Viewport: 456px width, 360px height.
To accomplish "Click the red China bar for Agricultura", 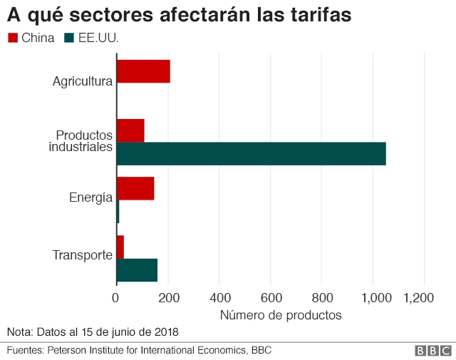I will pos(142,71).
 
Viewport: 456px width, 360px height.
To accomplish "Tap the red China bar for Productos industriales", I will pos(130,130).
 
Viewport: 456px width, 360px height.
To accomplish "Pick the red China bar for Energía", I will pos(135,188).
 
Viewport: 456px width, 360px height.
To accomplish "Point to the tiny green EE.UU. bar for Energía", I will pos(118,212).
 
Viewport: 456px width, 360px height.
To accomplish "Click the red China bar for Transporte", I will pos(120,247).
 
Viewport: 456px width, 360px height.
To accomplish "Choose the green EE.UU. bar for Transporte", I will pos(137,269).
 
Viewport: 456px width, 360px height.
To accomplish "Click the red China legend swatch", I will pos(13,38).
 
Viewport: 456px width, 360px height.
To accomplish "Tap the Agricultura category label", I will pos(83,81).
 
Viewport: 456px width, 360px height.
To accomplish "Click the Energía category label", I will pos(90,197).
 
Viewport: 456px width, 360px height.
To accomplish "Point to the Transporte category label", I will pos(83,255).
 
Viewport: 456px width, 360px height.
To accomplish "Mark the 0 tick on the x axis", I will pos(116,298).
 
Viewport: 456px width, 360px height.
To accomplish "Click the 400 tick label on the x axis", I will pos(219,298).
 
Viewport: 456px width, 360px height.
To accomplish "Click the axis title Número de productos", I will pos(280,314).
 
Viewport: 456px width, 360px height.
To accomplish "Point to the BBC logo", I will pos(432,351).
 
